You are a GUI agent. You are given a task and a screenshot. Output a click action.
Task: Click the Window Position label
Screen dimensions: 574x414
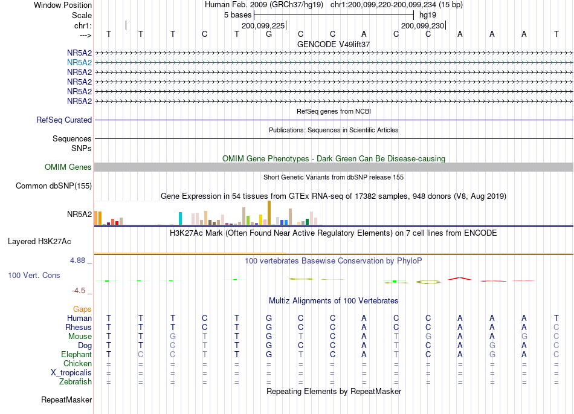coord(63,5)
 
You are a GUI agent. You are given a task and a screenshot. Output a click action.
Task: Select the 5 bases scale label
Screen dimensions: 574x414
coord(237,15)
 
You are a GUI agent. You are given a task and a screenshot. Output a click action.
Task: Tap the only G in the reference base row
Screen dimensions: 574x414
coord(269,34)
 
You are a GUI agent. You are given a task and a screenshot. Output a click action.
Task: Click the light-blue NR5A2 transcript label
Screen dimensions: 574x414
coord(79,63)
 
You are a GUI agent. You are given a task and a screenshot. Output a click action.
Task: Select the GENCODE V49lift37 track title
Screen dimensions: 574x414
coord(334,44)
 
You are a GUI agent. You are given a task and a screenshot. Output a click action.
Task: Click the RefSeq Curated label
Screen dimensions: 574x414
coord(64,120)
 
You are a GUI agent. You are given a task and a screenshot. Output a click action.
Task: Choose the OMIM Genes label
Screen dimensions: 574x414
coord(68,167)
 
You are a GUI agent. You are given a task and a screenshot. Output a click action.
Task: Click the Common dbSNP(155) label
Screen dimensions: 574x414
coord(54,186)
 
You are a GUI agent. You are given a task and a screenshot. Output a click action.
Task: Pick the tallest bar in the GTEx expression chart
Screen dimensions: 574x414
coord(269,213)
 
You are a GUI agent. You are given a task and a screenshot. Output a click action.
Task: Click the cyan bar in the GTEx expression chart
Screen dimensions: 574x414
coord(180,219)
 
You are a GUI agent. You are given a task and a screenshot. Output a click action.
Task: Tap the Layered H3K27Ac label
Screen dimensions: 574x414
coord(39,242)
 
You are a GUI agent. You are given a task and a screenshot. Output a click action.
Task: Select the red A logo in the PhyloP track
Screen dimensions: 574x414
coord(460,279)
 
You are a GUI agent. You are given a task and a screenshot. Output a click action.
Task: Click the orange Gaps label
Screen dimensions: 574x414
coord(82,309)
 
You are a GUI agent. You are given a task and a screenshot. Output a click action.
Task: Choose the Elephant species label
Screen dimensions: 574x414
coord(77,355)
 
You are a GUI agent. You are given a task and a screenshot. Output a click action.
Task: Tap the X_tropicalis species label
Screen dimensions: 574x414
coord(71,373)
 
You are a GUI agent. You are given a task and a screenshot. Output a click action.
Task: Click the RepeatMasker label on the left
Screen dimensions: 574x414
coord(66,399)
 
